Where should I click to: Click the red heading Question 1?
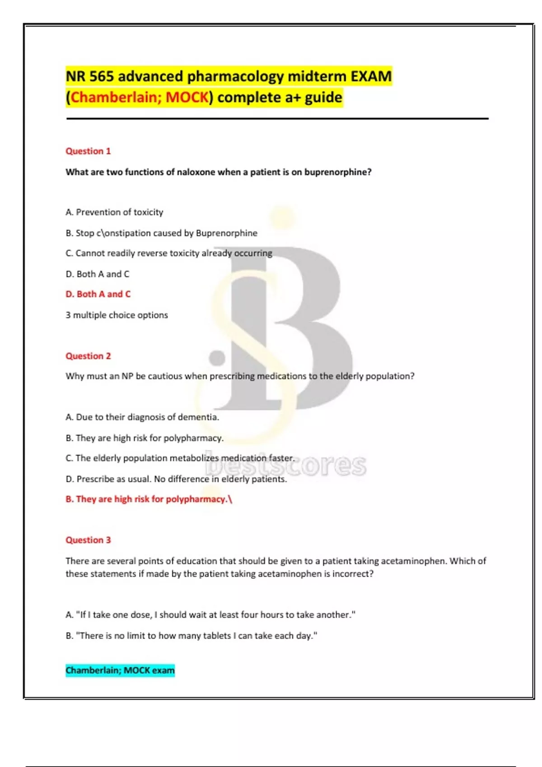(88, 151)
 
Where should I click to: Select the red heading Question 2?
(88, 356)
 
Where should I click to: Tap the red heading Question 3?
(88, 540)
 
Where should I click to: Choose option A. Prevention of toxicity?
(114, 212)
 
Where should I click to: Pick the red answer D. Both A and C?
(98, 294)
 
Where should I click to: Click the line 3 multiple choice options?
(117, 315)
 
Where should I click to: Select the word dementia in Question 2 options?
(198, 417)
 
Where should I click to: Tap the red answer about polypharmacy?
(148, 499)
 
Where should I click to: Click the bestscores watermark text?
(286, 465)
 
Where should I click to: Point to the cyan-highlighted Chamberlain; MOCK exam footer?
(120, 670)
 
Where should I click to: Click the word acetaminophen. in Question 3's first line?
(413, 561)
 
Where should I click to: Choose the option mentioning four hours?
(210, 615)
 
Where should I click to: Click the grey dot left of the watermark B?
(217, 358)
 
